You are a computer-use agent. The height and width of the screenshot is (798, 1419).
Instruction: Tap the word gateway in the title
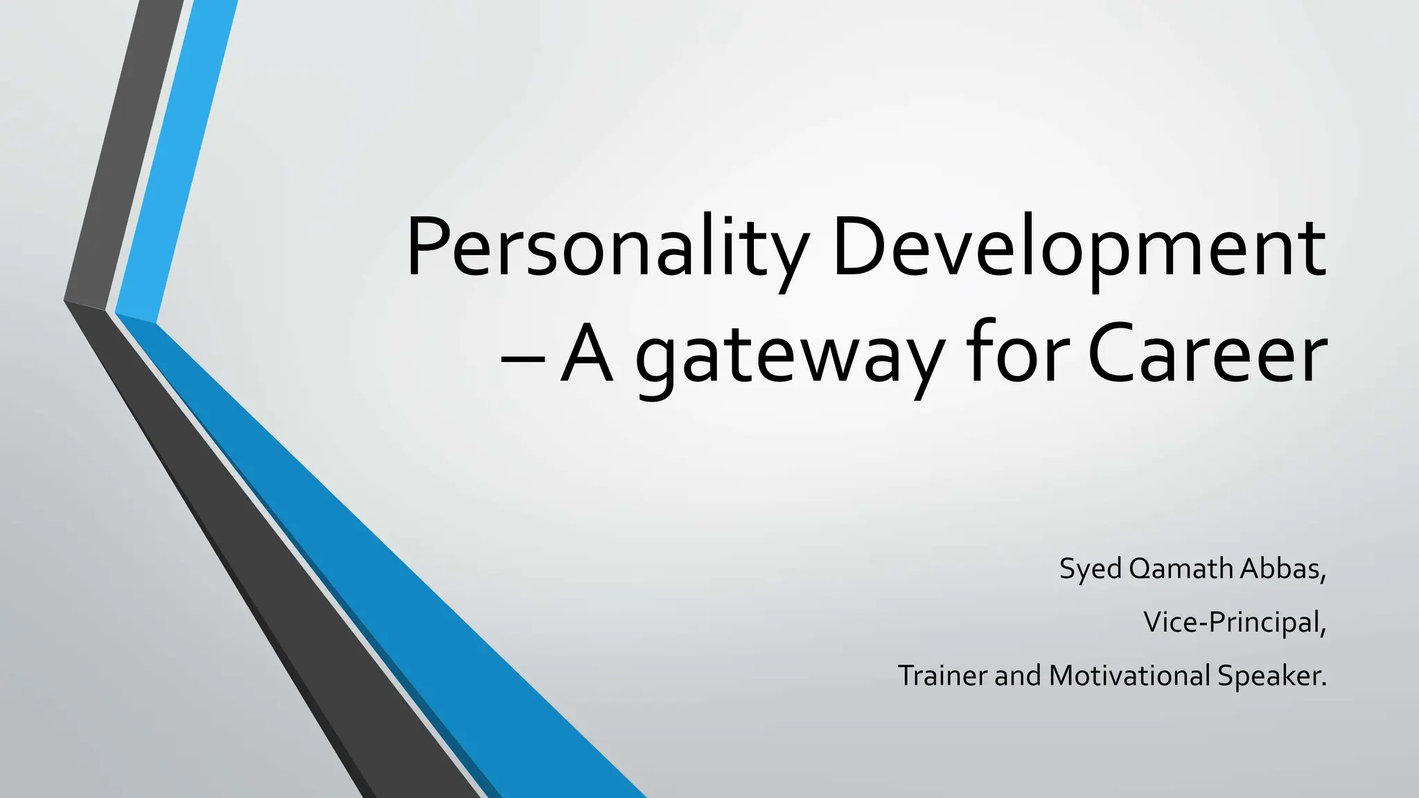pyautogui.click(x=790, y=356)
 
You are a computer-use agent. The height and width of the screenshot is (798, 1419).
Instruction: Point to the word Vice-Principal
pyautogui.click(x=1233, y=622)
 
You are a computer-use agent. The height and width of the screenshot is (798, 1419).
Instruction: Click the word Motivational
pyautogui.click(x=1129, y=675)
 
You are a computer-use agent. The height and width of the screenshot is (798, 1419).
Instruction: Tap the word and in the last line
pyautogui.click(x=1017, y=675)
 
